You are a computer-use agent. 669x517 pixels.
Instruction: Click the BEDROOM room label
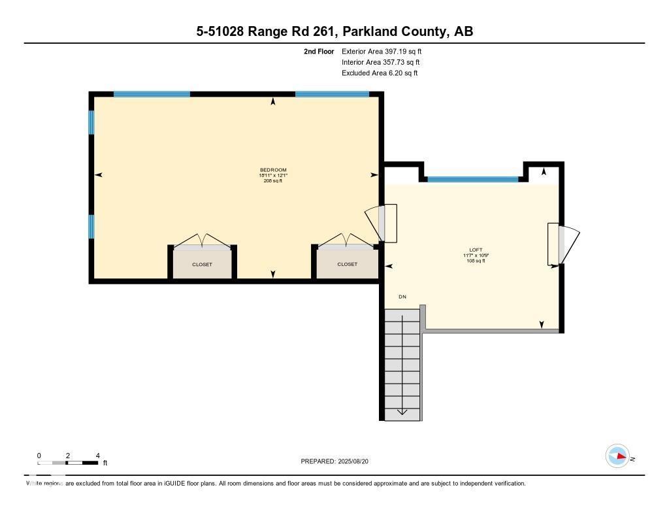pos(273,170)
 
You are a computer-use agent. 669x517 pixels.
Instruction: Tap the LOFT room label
pos(475,250)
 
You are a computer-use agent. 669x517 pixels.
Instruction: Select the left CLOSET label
pos(202,265)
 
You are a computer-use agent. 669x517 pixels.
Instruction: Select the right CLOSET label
pos(347,265)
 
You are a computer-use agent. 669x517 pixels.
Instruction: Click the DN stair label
pos(402,297)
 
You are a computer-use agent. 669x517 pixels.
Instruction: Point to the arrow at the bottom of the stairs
pos(402,412)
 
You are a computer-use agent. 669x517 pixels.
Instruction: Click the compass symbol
pos(617,456)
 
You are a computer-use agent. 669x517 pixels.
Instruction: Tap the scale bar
pos(68,463)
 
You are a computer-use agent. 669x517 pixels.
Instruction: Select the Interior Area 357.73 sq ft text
pos(380,62)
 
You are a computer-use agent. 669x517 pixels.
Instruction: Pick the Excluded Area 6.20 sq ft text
pos(379,73)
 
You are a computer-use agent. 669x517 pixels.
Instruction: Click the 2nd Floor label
pos(319,51)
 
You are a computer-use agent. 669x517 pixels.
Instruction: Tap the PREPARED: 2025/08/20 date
pos(338,461)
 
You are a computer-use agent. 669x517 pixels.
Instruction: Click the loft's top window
pos(472,179)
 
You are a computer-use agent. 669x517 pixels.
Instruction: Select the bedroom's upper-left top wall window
pos(152,94)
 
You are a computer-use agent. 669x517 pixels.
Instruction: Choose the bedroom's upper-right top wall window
pos(332,94)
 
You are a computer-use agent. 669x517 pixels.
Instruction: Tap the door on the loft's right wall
pos(563,244)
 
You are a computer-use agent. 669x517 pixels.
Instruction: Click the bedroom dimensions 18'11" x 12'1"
pos(273,175)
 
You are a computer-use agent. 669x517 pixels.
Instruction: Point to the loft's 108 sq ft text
pos(475,261)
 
